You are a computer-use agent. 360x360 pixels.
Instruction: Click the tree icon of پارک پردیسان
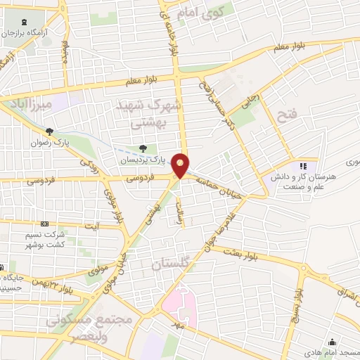143,148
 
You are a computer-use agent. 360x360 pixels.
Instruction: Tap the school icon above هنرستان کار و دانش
304,166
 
